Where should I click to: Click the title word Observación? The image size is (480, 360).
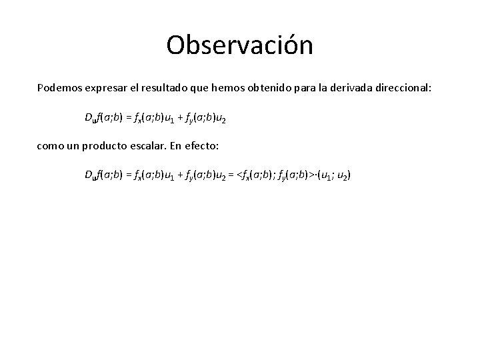239,45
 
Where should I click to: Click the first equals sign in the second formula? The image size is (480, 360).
127,175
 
